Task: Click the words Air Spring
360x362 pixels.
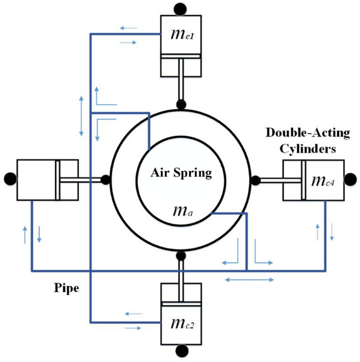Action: click(181, 173)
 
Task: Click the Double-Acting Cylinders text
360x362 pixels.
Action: click(307, 141)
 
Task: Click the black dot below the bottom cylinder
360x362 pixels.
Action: click(182, 351)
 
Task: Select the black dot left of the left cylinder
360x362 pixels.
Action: click(8, 178)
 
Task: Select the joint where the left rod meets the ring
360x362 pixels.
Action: click(105, 179)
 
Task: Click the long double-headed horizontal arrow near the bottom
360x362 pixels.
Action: click(249, 280)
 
